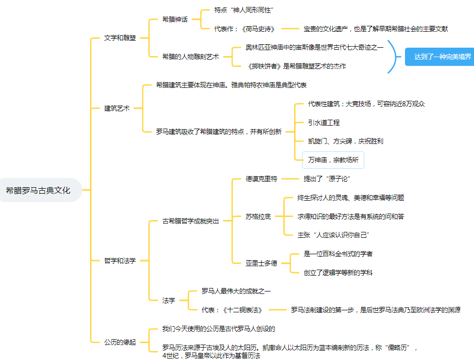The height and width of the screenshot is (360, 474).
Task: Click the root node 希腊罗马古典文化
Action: click(x=38, y=190)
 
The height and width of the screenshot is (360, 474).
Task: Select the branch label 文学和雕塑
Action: click(x=120, y=38)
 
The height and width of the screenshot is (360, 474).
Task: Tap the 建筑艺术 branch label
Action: click(x=117, y=108)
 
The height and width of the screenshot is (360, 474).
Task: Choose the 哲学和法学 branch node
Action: click(x=120, y=260)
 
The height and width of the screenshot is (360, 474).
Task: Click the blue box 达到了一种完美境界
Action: click(x=439, y=57)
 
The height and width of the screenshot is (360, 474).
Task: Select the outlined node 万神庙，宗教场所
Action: click(x=333, y=160)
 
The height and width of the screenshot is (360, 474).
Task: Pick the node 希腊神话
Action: click(x=175, y=19)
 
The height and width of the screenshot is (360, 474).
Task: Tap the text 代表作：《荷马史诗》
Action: click(x=244, y=29)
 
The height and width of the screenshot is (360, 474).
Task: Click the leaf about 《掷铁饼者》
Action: click(x=296, y=66)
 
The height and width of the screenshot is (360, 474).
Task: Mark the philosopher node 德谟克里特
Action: click(x=261, y=179)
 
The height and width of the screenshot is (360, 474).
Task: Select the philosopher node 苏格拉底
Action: click(x=258, y=216)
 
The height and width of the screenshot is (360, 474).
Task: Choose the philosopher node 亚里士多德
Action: click(x=261, y=263)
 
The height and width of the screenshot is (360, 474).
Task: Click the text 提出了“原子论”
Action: click(x=327, y=179)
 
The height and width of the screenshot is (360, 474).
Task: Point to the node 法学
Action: click(x=169, y=300)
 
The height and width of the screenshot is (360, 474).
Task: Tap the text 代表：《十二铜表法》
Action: click(x=232, y=310)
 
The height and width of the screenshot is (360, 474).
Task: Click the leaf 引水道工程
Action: click(x=324, y=122)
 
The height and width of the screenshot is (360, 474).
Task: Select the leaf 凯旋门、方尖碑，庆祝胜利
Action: click(x=345, y=141)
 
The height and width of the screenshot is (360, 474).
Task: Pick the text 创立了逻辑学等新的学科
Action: click(x=338, y=273)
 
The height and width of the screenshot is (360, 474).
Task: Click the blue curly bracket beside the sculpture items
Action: click(x=395, y=57)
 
